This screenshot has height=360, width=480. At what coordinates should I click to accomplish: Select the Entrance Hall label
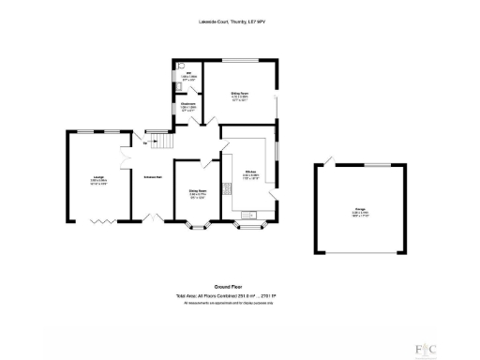pyautogui.click(x=154, y=176)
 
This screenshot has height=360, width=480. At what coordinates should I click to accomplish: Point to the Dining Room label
pyautogui.click(x=197, y=196)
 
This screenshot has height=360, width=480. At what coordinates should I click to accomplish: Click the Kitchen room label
pyautogui.click(x=251, y=174)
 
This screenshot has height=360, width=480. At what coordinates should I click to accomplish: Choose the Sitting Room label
pyautogui.click(x=240, y=96)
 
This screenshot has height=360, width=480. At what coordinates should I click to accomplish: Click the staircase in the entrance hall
pyautogui.click(x=164, y=142)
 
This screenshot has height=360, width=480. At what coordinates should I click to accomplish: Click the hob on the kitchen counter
pyautogui.click(x=227, y=193)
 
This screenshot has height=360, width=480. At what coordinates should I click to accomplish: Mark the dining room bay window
pyautogui.click(x=197, y=226)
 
